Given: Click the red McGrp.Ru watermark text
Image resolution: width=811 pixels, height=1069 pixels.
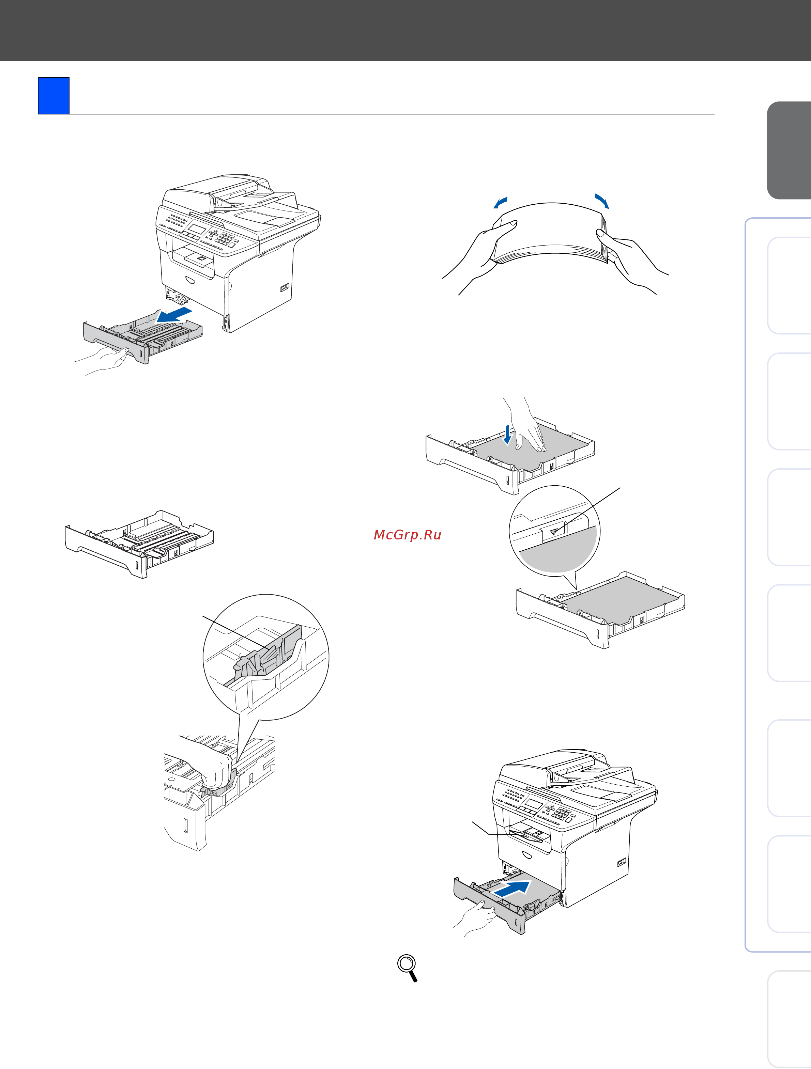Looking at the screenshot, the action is (407, 535).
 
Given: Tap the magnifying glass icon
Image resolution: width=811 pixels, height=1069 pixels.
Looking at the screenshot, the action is (408, 968).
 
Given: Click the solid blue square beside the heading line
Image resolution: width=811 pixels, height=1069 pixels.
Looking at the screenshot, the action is (54, 96).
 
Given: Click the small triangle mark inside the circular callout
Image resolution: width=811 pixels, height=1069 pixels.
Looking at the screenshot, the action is (554, 532).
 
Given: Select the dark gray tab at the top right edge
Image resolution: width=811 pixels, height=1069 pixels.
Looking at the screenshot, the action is (789, 150).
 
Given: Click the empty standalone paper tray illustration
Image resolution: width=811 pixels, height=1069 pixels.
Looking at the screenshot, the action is (139, 544).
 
